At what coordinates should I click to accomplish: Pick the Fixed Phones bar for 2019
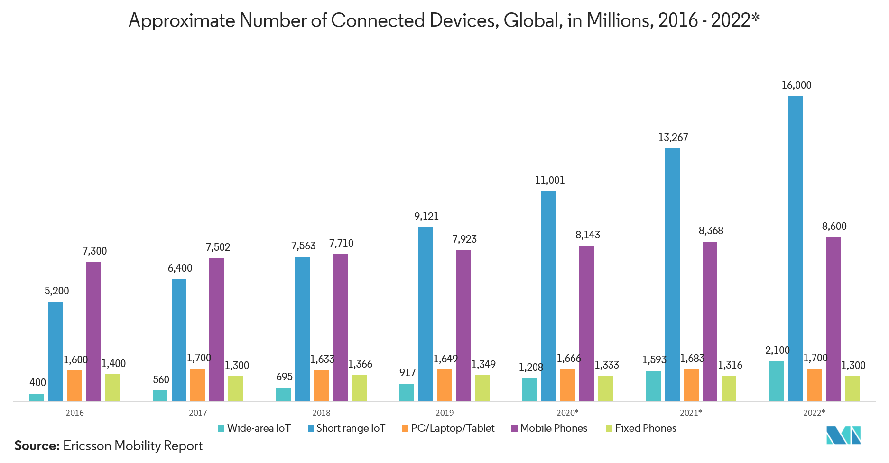pyautogui.click(x=482, y=388)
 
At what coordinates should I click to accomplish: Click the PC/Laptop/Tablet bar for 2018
pyautogui.click(x=321, y=385)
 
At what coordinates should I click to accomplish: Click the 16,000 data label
pyautogui.click(x=796, y=85)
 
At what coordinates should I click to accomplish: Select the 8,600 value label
pyautogui.click(x=834, y=227)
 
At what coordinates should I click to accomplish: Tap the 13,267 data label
pyautogui.click(x=673, y=138)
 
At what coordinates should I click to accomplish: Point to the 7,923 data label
pyautogui.click(x=464, y=239)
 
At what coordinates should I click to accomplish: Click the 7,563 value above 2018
pyautogui.click(x=303, y=246)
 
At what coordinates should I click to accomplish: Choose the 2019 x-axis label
pyautogui.click(x=444, y=413)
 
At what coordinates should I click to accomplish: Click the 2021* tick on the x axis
pyautogui.click(x=691, y=413)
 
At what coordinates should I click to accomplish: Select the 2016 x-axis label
pyautogui.click(x=74, y=413)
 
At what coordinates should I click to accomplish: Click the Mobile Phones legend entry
pyautogui.click(x=553, y=428)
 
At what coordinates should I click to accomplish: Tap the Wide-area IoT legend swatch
pyautogui.click(x=221, y=429)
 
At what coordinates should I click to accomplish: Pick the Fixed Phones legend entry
pyautogui.click(x=645, y=428)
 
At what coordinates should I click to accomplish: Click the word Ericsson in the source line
pyautogui.click(x=87, y=446)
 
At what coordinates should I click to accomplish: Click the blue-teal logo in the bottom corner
pyautogui.click(x=843, y=435)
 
